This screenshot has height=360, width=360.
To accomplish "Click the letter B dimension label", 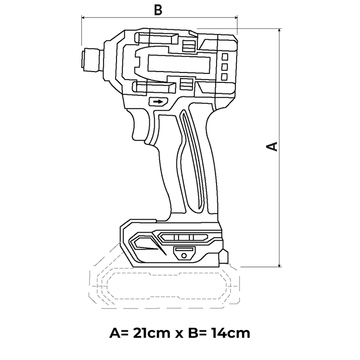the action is [158, 10].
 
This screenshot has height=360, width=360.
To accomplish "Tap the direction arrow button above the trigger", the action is [158, 102].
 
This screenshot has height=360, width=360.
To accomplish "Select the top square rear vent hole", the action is [225, 57].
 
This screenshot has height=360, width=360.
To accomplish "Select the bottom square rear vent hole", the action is [224, 77].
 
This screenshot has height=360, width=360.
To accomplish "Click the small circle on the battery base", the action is [184, 256].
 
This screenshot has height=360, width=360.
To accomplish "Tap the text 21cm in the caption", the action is [152, 333].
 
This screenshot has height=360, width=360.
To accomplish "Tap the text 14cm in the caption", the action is [230, 333].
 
